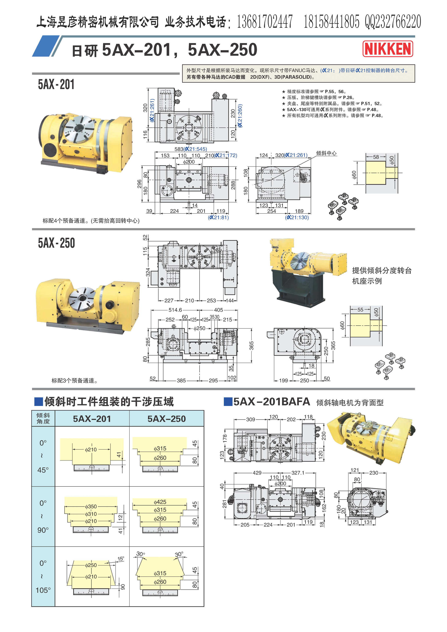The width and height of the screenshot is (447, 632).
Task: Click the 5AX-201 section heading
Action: [x=56, y=84]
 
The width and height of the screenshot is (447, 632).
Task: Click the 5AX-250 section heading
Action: [x=56, y=243]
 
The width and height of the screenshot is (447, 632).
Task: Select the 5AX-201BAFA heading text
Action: [x=272, y=402]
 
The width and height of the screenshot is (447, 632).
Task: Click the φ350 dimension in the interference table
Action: [x=91, y=506]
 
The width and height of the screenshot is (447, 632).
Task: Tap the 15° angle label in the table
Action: [x=121, y=559]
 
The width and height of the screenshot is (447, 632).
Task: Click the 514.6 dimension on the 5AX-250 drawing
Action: [x=175, y=310]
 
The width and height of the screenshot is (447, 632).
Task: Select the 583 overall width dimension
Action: [x=179, y=149]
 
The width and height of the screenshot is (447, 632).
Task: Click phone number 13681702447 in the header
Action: [x=265, y=22]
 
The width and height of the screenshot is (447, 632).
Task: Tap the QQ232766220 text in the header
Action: [x=393, y=22]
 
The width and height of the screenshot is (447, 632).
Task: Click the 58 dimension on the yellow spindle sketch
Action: [x=376, y=157]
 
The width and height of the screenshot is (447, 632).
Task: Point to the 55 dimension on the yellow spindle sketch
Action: [x=360, y=310]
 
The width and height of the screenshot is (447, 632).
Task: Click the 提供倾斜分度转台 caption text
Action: [x=382, y=270]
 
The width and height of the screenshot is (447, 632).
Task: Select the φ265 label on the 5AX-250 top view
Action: [x=216, y=250]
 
